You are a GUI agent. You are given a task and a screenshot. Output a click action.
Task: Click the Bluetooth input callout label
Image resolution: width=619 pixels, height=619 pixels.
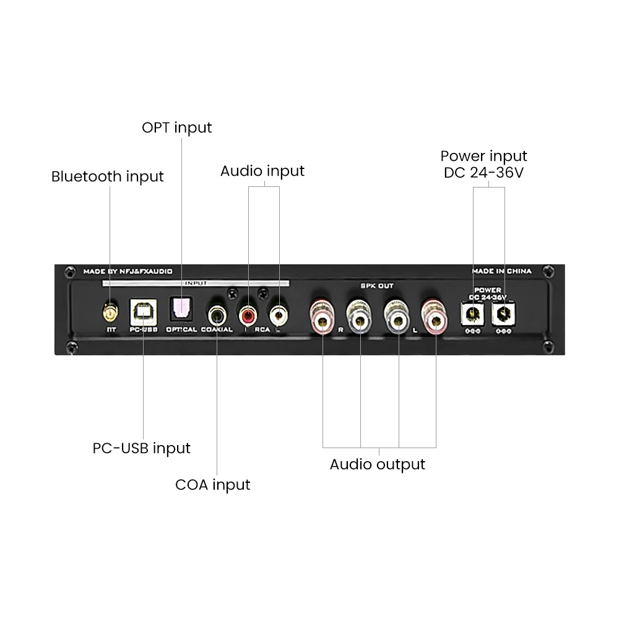pyautogui.click(x=107, y=176)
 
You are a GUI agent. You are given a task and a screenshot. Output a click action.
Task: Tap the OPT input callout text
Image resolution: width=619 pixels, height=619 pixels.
pyautogui.click(x=176, y=128)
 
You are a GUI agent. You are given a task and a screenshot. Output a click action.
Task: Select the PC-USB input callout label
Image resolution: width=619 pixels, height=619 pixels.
pyautogui.click(x=142, y=448)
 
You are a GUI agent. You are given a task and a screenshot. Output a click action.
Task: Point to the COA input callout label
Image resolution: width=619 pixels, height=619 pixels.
pyautogui.click(x=212, y=484)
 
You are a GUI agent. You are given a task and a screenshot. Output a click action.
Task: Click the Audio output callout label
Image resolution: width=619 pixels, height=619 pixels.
pyautogui.click(x=377, y=464)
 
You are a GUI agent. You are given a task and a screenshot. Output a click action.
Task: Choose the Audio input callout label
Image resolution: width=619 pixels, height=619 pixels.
pyautogui.click(x=262, y=171)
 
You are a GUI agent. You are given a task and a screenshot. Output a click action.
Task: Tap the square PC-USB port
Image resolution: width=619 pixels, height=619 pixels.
pyautogui.click(x=142, y=313)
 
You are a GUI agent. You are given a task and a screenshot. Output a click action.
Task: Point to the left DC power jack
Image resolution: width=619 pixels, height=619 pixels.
pyautogui.click(x=474, y=315)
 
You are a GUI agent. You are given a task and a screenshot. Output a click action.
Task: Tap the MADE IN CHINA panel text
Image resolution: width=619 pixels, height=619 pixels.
pyautogui.click(x=501, y=271)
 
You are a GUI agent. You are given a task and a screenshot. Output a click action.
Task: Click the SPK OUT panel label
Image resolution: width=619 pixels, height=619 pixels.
pyautogui.click(x=377, y=286)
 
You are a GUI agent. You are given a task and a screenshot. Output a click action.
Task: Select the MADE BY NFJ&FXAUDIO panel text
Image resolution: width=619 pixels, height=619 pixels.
pyautogui.click(x=128, y=271)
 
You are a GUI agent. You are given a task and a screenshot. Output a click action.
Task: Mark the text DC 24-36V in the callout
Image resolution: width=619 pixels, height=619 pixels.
pyautogui.click(x=483, y=173)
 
